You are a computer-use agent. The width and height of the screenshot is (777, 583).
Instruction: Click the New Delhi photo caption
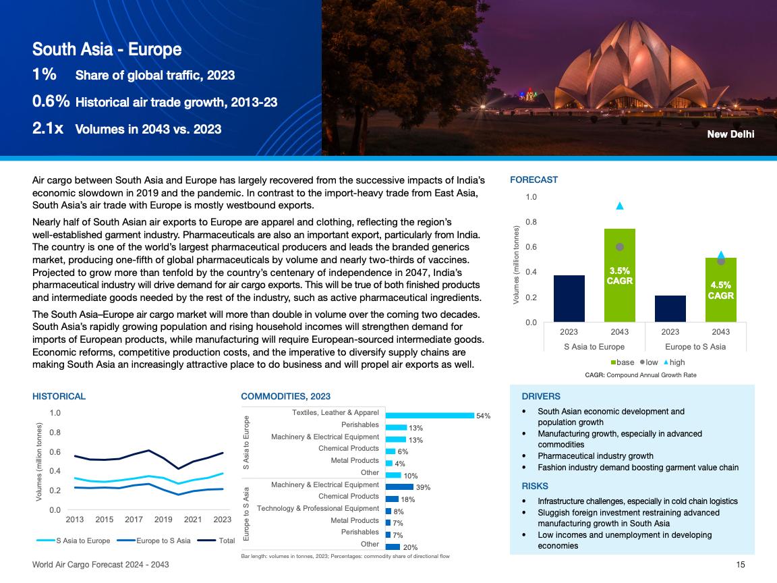(730, 134)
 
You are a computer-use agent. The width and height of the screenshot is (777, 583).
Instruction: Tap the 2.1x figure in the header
(48, 128)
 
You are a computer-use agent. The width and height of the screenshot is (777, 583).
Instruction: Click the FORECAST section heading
(534, 179)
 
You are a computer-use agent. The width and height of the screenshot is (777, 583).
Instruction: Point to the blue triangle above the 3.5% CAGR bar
(620, 206)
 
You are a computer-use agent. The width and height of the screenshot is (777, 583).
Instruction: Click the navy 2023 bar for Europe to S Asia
(670, 309)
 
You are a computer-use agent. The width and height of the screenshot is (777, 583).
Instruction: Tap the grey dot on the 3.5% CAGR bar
(620, 248)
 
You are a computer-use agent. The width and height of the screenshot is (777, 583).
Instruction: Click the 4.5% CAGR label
(720, 290)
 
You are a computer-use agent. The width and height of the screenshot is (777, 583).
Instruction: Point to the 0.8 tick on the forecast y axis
(531, 222)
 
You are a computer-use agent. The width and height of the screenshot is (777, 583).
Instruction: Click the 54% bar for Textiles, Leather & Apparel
(429, 415)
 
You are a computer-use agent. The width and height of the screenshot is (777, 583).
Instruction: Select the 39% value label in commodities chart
(424, 487)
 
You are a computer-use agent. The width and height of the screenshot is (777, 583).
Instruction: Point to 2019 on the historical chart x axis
(163, 520)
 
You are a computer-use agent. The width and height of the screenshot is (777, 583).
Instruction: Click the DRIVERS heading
(541, 396)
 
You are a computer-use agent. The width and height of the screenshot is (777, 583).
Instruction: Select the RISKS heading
(535, 486)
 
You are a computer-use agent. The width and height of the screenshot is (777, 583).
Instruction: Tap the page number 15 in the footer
(741, 564)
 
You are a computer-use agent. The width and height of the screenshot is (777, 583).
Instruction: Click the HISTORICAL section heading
(59, 396)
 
